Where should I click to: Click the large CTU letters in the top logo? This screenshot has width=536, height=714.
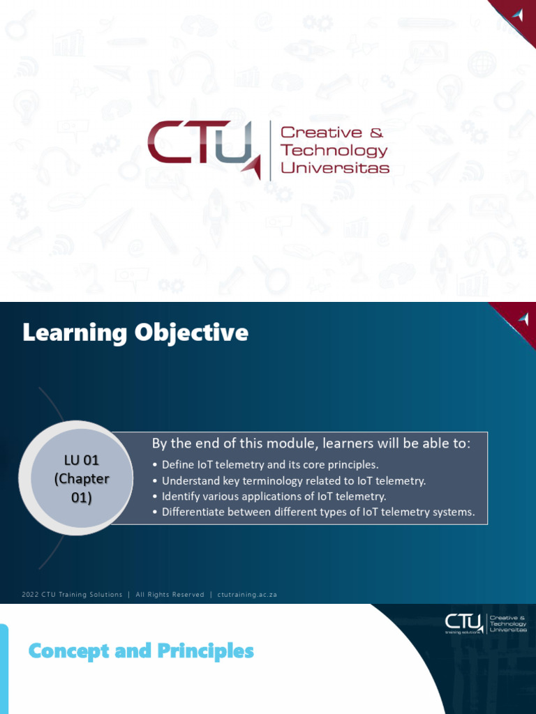(199, 144)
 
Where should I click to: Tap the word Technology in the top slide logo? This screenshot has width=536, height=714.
(334, 150)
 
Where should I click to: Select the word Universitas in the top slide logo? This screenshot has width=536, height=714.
(334, 167)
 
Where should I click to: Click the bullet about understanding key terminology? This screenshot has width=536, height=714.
(293, 480)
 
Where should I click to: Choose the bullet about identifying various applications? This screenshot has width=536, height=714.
(274, 496)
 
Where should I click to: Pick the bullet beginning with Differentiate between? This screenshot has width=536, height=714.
(318, 512)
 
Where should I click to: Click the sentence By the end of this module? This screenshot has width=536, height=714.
(311, 443)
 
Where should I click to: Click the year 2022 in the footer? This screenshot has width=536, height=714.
(30, 595)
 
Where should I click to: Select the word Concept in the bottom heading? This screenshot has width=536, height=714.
(69, 652)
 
